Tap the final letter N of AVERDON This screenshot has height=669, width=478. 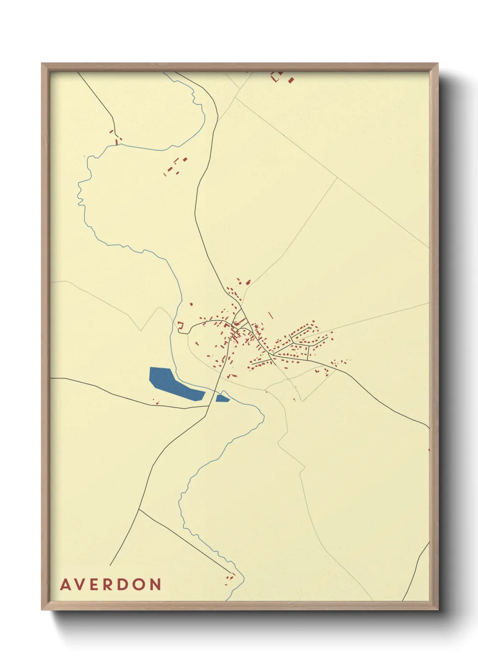coord(156,584)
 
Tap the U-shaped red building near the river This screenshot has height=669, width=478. coord(181,325)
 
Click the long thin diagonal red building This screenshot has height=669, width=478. coord(271,315)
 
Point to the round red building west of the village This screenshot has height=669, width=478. coord(192,304)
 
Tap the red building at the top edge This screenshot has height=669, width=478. coord(291,80)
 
